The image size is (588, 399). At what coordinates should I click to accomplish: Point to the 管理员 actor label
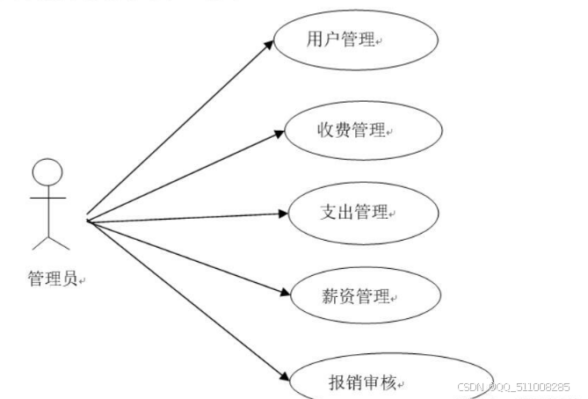coord(52,279)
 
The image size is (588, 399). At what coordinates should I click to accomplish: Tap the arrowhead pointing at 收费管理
coord(279,134)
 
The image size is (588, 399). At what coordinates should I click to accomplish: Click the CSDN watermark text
coord(513,387)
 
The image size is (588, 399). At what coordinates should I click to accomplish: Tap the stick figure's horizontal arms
coord(48,199)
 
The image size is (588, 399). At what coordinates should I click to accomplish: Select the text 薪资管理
coord(351,296)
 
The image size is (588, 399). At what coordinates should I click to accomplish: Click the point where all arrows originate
coord(87,220)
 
